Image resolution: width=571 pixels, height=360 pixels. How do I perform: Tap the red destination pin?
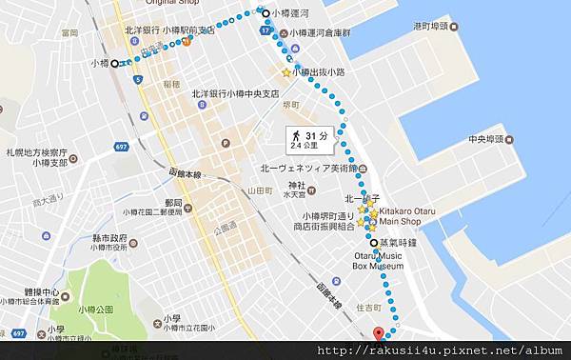[x=377, y=334]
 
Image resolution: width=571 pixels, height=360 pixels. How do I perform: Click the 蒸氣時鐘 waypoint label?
[x=398, y=243]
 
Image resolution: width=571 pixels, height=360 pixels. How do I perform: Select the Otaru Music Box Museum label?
[x=378, y=261]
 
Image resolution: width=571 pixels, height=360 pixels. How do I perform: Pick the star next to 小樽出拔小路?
[x=285, y=72]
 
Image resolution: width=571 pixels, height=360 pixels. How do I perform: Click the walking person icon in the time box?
[x=298, y=135]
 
